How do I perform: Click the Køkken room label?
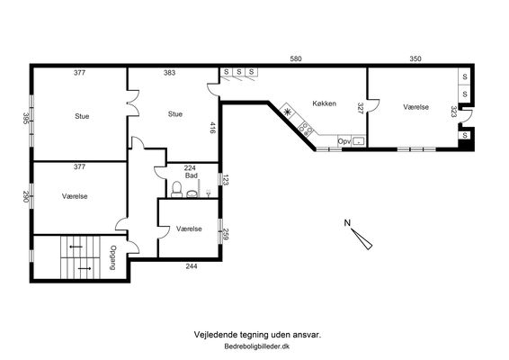click(324, 103)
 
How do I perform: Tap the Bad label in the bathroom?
click(192, 175)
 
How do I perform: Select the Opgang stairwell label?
click(113, 257)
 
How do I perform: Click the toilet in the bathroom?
click(177, 189)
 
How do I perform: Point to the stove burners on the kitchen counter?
click(306, 128)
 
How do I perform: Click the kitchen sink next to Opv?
click(359, 141)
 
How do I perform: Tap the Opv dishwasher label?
click(344, 141)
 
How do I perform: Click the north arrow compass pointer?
click(362, 239)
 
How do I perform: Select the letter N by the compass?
click(347, 223)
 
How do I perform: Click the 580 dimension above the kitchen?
click(296, 58)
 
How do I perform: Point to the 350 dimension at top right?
click(415, 58)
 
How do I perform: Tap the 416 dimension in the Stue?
click(213, 128)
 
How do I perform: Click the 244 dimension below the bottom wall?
click(192, 266)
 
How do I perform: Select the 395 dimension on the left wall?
click(26, 119)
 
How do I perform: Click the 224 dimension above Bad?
click(190, 168)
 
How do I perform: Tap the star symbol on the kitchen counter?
click(287, 112)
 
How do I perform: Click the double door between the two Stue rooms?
click(133, 103)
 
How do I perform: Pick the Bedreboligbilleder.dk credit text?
click(257, 346)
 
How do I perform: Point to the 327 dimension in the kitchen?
click(360, 108)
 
